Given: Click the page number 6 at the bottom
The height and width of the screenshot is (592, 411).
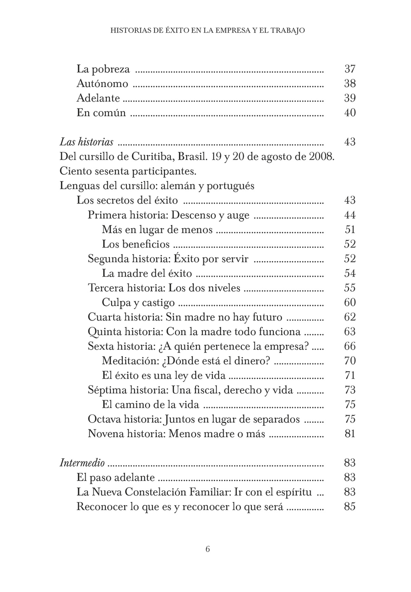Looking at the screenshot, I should point(208,550).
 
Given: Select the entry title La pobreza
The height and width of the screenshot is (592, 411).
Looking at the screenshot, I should point(103,69).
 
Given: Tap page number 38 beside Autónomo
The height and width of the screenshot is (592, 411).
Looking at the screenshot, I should point(350,84).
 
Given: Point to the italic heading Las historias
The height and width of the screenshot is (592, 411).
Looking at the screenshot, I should point(86,142).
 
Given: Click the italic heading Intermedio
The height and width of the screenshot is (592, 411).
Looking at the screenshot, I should point(82,463).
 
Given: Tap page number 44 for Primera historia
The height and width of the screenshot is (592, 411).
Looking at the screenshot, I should point(350,215).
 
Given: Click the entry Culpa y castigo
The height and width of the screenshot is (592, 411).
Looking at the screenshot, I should point(138,303).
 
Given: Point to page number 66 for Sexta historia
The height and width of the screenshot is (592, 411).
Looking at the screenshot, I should point(350,346).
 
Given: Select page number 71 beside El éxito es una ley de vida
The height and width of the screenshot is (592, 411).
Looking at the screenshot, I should point(350,375).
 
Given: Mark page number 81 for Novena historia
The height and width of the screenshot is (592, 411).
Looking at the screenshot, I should point(350,434).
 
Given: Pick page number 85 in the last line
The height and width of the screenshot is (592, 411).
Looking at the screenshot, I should point(350,507).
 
